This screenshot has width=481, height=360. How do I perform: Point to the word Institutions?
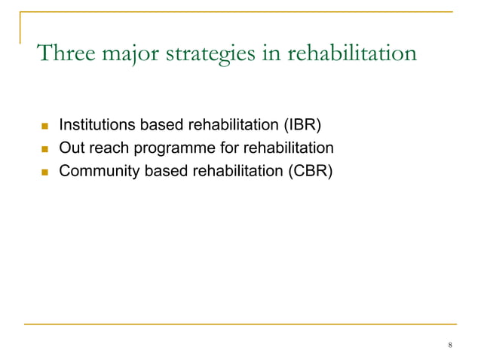click(x=93, y=124)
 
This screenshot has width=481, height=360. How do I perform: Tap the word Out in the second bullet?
click(x=70, y=148)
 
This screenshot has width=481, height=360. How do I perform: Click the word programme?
click(x=171, y=148)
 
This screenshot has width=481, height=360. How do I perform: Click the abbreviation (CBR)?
click(x=311, y=171)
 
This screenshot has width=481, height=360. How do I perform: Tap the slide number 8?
click(x=450, y=345)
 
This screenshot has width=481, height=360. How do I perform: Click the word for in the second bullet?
click(x=222, y=148)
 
